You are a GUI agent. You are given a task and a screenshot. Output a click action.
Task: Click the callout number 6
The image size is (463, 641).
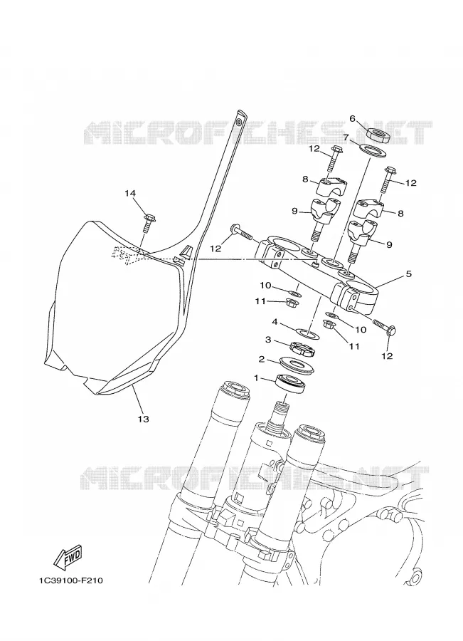352,118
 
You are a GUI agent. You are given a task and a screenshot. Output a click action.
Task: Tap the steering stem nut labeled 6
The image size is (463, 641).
378,135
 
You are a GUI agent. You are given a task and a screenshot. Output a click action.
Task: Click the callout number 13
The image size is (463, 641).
144,419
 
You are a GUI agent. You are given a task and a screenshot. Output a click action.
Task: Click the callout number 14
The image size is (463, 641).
130,193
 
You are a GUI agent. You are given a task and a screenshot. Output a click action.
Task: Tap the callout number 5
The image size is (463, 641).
408,273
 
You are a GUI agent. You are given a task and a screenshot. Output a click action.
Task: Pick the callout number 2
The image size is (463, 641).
262,360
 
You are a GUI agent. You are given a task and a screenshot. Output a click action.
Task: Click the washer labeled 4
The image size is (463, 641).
307,333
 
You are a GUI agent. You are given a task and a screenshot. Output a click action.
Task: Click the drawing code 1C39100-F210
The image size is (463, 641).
71,580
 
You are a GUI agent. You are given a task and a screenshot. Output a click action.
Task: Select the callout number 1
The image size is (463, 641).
257,378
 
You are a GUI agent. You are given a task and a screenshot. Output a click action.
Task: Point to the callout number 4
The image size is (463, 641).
275,322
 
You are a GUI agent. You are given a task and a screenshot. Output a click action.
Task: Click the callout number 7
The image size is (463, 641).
346,137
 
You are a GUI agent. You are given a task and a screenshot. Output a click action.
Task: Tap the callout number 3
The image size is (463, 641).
268,339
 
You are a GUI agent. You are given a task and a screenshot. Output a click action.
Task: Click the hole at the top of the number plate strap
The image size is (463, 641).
239,122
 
